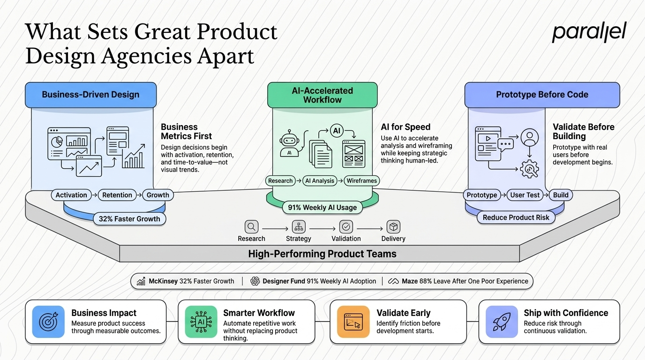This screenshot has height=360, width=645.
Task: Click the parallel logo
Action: pos(589,32)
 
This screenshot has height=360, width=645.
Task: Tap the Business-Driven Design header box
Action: pos(91,95)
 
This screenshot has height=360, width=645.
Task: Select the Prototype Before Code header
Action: pos(542,95)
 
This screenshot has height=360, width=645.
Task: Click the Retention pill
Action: pos(117,195)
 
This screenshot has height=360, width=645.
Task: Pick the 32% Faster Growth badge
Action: pos(129,219)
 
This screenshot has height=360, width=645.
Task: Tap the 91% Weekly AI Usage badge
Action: pos(322,207)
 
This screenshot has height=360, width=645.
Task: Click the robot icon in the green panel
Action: pos(289,143)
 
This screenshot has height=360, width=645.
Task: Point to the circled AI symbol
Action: pos(337,131)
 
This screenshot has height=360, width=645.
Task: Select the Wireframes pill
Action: pos(362,180)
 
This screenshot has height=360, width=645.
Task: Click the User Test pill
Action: pos(525,195)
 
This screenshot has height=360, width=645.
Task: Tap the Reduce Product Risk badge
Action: pos(516,217)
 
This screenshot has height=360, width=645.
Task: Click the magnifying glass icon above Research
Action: pos(251,227)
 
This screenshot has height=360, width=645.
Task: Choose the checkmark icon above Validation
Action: pos(346,227)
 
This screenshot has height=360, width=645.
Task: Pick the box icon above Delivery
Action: pos(393,227)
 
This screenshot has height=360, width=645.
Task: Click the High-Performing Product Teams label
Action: pos(322,254)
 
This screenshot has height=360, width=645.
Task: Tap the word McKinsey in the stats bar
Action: pos(163,281)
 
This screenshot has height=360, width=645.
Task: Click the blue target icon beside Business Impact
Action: pos(48,322)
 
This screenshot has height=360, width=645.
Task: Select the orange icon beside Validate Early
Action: pos(353,322)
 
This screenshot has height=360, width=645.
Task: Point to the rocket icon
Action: pos(502,322)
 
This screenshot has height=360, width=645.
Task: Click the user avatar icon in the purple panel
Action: pos(530,137)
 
